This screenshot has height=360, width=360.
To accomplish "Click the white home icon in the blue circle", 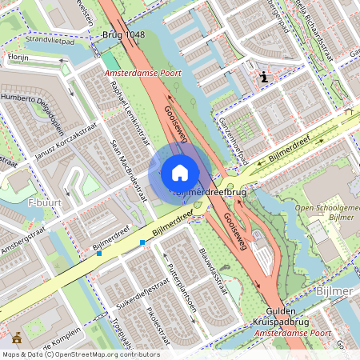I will [180, 172].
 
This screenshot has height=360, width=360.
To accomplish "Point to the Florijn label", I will [18, 58].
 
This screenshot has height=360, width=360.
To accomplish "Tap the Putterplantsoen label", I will [181, 288].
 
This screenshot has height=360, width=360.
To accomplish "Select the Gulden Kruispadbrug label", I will [284, 315].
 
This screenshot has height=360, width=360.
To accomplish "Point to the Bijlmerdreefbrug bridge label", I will [210, 193].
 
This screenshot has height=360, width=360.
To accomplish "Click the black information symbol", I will [264, 78].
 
